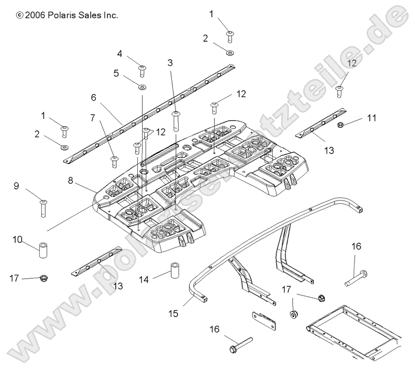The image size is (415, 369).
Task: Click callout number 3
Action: [170, 62]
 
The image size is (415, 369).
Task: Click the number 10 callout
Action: [18, 239]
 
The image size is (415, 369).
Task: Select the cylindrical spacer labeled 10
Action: [44, 247]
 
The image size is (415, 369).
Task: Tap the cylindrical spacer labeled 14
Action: [176, 270]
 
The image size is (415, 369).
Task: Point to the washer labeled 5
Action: [142, 87]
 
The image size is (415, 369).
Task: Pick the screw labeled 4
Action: [142, 71]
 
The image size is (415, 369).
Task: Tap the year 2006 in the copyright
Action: [35, 15]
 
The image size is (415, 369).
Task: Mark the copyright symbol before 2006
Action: [20, 15]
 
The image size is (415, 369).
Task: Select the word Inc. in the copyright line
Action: [109, 15]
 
